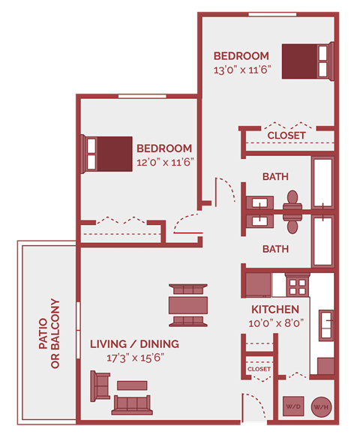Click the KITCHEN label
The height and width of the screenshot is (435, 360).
point(275,309)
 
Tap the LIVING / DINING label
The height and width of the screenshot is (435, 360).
point(134,344)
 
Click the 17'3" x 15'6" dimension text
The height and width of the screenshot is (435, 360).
point(135,358)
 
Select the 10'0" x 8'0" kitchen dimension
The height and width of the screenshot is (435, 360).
point(275,322)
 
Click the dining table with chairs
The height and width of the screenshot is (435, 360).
point(188,305)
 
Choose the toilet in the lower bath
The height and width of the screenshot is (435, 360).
point(292,223)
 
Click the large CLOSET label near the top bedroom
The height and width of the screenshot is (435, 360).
point(286,135)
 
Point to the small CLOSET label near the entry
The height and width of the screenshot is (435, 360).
point(259,369)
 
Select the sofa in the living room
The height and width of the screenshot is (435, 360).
point(131,405)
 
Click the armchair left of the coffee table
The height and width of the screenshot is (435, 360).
point(100,385)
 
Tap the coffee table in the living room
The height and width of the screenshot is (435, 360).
point(132,385)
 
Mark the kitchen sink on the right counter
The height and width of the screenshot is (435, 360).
point(327,324)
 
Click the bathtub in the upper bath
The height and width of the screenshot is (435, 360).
point(323,183)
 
